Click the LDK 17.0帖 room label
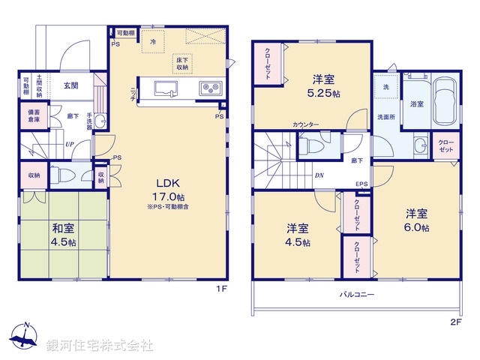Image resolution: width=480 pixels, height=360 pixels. tap(166, 188)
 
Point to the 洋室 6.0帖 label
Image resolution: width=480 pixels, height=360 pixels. tap(417, 217)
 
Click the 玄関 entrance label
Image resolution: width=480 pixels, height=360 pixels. tap(71, 85)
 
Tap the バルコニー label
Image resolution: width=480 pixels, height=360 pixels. tap(357, 295)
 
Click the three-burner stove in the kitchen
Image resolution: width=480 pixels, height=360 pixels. tap(209, 88)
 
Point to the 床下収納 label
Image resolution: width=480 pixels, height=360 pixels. tap(183, 63)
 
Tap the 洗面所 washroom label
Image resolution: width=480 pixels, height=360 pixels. tap(387, 117)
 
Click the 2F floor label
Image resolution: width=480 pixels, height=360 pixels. tap(457, 322)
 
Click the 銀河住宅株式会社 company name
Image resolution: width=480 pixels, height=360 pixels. tap(100, 345)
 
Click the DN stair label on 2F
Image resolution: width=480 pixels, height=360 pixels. tap(318, 175)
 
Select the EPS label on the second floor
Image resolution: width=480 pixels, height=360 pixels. tap(361, 184)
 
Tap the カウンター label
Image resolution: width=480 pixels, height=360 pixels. tap(305, 124)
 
